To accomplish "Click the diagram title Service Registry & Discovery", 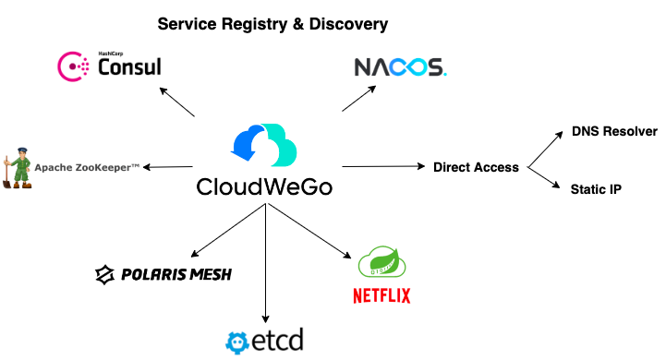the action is click(x=272, y=24).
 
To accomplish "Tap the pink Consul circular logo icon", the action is click(x=73, y=66).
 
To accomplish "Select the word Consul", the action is click(x=129, y=67).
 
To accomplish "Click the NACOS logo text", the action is click(x=401, y=67).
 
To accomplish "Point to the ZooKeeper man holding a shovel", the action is click(x=18, y=168).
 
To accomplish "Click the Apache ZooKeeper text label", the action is click(x=87, y=168).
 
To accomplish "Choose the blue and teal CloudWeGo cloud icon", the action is click(x=264, y=145).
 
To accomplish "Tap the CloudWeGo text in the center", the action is click(x=264, y=186).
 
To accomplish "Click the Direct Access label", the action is click(x=476, y=167).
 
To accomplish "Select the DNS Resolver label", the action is click(x=614, y=131).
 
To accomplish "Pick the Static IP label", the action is click(x=596, y=189).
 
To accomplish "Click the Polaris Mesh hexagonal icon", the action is click(x=105, y=275).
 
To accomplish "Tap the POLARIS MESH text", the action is click(x=176, y=275).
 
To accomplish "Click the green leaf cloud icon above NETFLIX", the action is click(x=381, y=261).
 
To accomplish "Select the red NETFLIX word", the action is click(x=381, y=295).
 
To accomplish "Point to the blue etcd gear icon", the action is click(x=237, y=342).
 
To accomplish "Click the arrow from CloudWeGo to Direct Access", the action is click(x=383, y=166).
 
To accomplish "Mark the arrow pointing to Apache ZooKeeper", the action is click(x=168, y=167).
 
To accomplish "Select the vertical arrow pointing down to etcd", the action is click(x=265, y=263).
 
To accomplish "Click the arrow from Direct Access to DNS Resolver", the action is click(x=545, y=150).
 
